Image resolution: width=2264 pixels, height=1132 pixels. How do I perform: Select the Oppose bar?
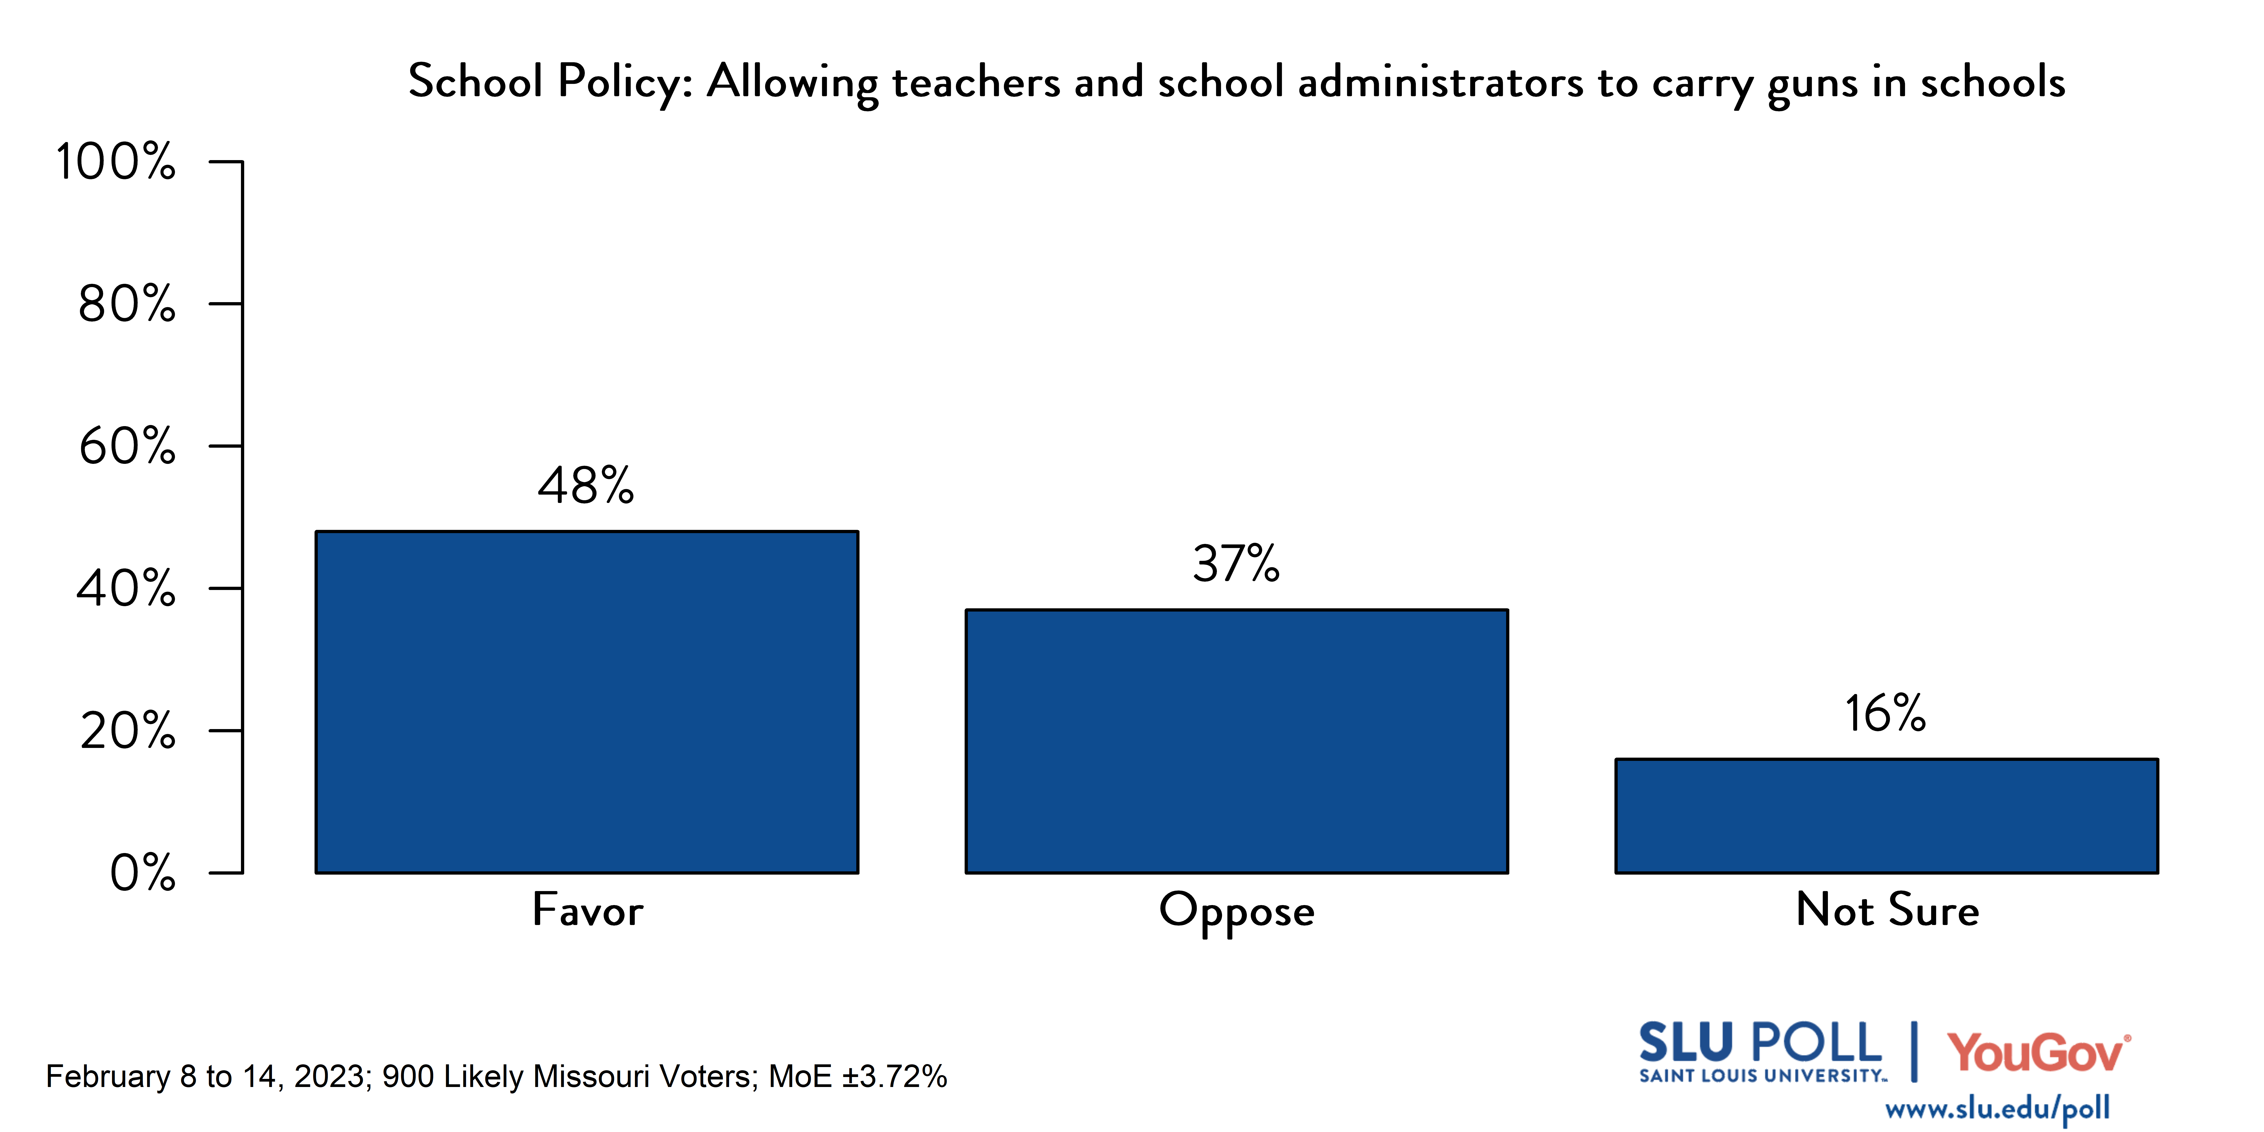coord(1237,741)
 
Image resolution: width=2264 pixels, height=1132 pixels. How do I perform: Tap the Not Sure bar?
coord(1886,816)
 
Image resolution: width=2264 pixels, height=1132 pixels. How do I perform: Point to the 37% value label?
coord(1236,564)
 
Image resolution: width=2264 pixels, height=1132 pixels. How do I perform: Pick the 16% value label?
coord(1885,714)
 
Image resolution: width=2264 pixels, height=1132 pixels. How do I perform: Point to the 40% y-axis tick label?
coord(126,589)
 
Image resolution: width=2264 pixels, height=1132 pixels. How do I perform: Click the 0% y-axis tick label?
coord(142,874)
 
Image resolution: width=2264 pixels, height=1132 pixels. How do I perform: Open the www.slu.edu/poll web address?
coord(1997,1109)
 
